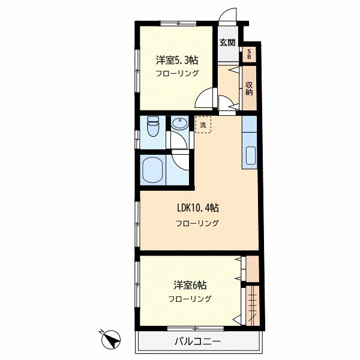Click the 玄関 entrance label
pos(227,43)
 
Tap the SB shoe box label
pos(249,54)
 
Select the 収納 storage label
pos(249,88)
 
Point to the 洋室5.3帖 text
pos(177,61)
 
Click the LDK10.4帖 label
pos(198,208)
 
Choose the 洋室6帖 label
pos(190,286)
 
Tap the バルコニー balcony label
pos(197,341)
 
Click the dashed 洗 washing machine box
pos(203,125)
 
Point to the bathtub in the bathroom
pos(152,170)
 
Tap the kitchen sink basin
pos(250,155)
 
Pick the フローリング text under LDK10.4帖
pos(197,223)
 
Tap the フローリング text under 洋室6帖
pos(190,299)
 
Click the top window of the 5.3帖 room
pos(178,23)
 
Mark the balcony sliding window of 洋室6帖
pos(196,329)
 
